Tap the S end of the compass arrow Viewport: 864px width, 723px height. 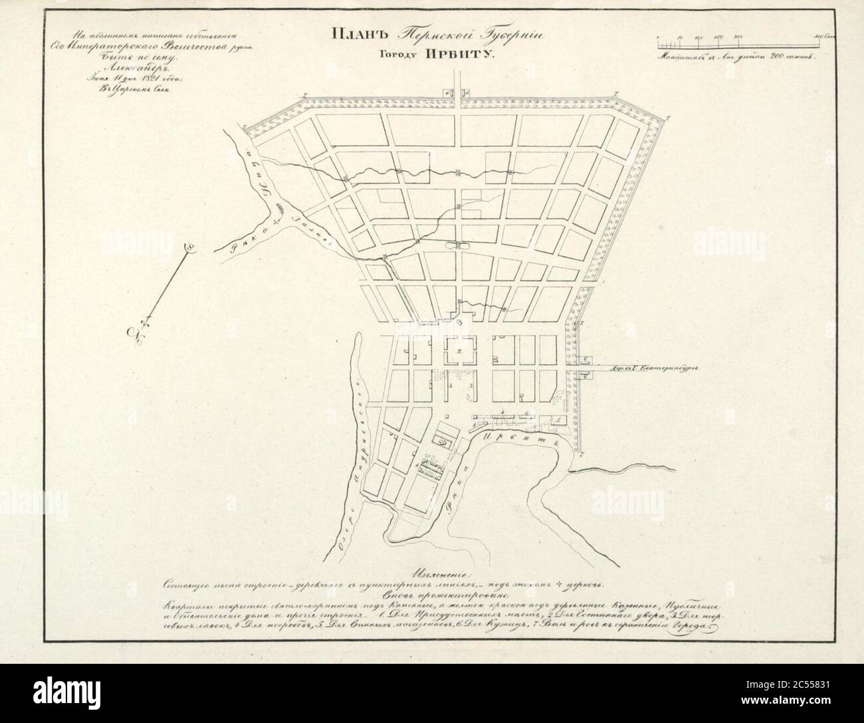coord(189,247)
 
